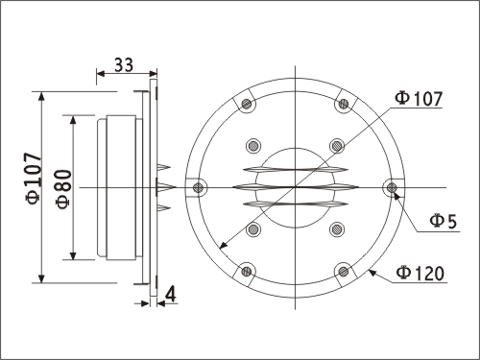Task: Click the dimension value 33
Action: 124,65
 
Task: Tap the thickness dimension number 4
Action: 171,295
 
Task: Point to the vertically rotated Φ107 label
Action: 34,179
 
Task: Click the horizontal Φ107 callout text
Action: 419,99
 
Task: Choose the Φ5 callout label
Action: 444,222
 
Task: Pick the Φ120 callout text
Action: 420,274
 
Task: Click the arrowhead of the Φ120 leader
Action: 372,273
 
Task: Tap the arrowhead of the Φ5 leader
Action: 396,194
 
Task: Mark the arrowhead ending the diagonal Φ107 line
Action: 223,245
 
